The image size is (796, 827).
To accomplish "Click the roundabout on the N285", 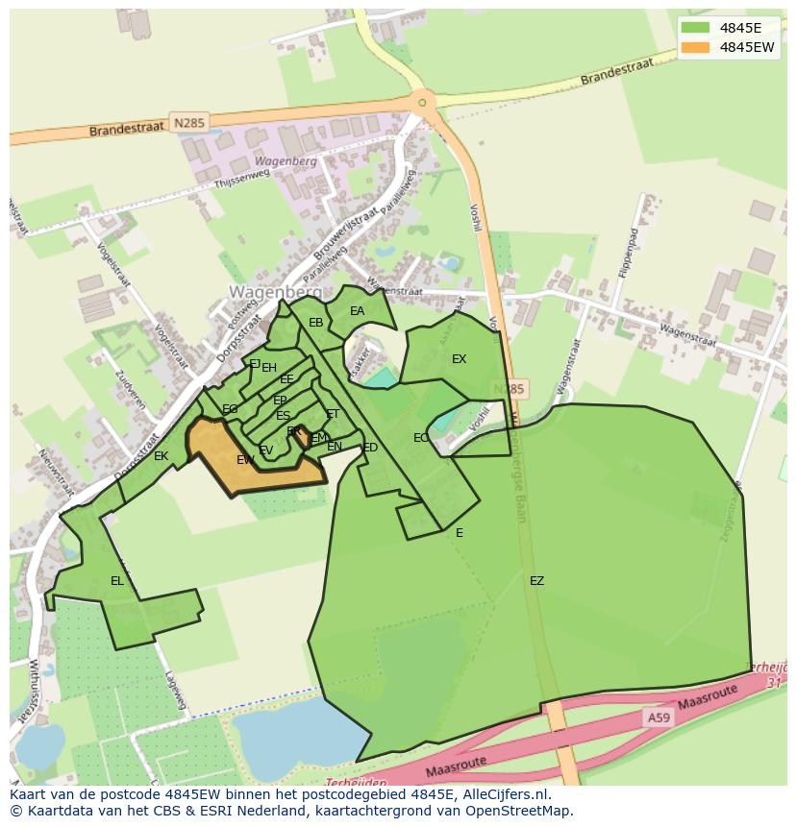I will click(422, 101).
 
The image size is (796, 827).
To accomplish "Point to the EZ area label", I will click(536, 581).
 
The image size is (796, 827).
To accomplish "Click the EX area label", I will click(459, 359).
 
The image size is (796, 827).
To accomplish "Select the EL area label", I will click(117, 581).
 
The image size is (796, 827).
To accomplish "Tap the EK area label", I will click(162, 456).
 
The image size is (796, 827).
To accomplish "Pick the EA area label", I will click(357, 311).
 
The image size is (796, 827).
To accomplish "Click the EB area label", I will click(315, 323).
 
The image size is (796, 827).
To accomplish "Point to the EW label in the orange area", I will click(246, 460).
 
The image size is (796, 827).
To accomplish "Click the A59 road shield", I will click(658, 717).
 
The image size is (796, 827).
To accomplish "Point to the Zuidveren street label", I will click(131, 388).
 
